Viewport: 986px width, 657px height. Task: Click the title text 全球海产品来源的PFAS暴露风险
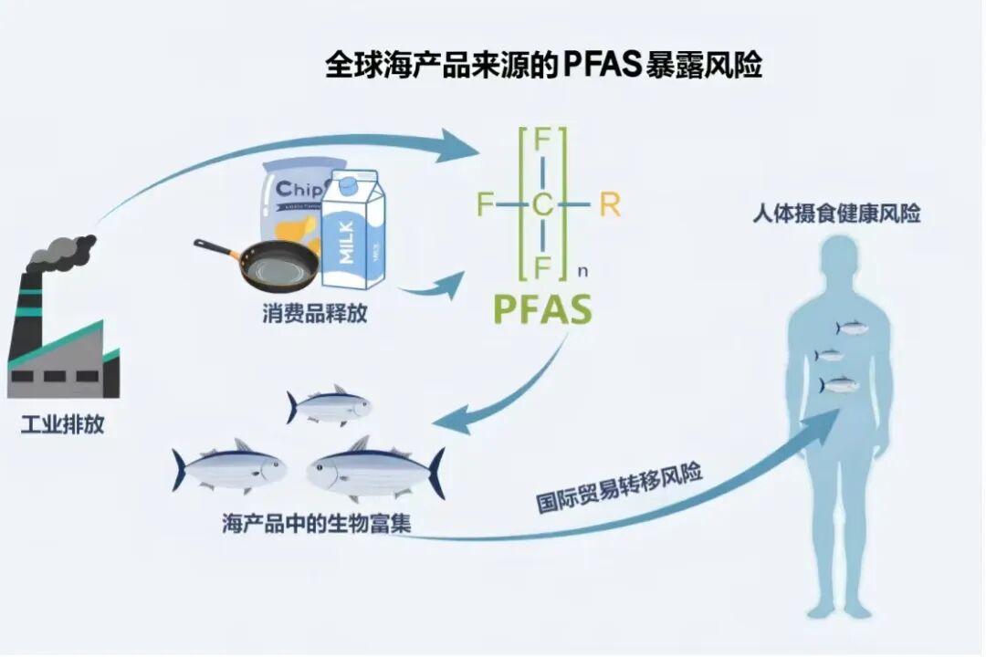pyautogui.click(x=543, y=66)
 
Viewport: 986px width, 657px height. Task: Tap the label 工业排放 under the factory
pyautogui.click(x=62, y=424)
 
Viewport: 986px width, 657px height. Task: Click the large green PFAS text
pyautogui.click(x=542, y=309)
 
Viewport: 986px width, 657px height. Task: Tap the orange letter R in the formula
pyautogui.click(x=609, y=205)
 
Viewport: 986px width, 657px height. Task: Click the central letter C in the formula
pyautogui.click(x=542, y=206)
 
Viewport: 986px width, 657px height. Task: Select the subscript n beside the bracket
pyautogui.click(x=583, y=271)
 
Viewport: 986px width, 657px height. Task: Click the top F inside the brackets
pyautogui.click(x=542, y=141)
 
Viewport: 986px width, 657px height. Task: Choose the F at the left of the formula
pyautogui.click(x=484, y=205)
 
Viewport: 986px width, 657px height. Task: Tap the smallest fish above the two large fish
pyautogui.click(x=329, y=406)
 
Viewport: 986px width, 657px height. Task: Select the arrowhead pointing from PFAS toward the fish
pyautogui.click(x=452, y=422)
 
